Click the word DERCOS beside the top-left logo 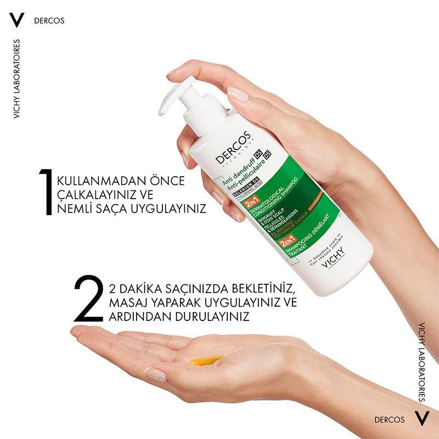pyautogui.click(x=49, y=21)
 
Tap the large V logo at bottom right pyautogui.click(x=420, y=419)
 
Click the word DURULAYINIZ pyautogui.click(x=213, y=317)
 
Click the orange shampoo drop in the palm pyautogui.click(x=206, y=359)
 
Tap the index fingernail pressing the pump pyautogui.click(x=238, y=93)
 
